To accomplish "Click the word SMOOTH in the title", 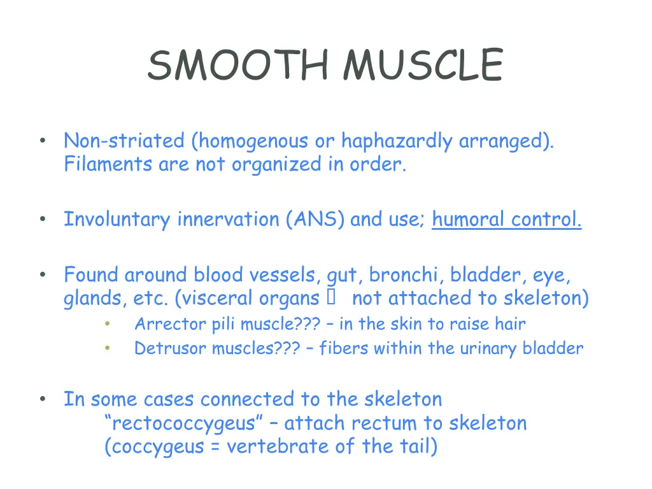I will pos(238,66).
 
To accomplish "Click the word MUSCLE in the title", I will pos(423,66).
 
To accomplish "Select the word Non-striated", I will pos(124,141).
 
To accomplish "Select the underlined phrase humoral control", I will pos(506,220).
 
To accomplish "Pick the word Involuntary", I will pos(118,220).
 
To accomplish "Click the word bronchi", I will pos(407,275).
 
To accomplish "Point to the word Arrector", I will pos(164,324).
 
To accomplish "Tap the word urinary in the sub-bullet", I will pos(489,348).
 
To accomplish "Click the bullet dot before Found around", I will pos(42,275).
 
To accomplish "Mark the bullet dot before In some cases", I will pos(42,399).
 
